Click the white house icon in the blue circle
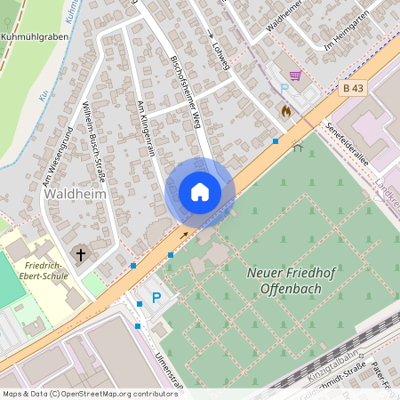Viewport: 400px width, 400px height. [x=200, y=192]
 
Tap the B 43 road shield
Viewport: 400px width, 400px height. [x=354, y=88]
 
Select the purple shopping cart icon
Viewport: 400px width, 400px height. [x=294, y=76]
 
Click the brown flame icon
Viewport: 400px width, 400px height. [x=285, y=112]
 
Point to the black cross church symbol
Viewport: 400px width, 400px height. [x=80, y=254]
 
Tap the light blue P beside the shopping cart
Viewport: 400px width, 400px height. [x=284, y=89]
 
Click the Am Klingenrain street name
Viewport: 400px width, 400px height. [x=146, y=129]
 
